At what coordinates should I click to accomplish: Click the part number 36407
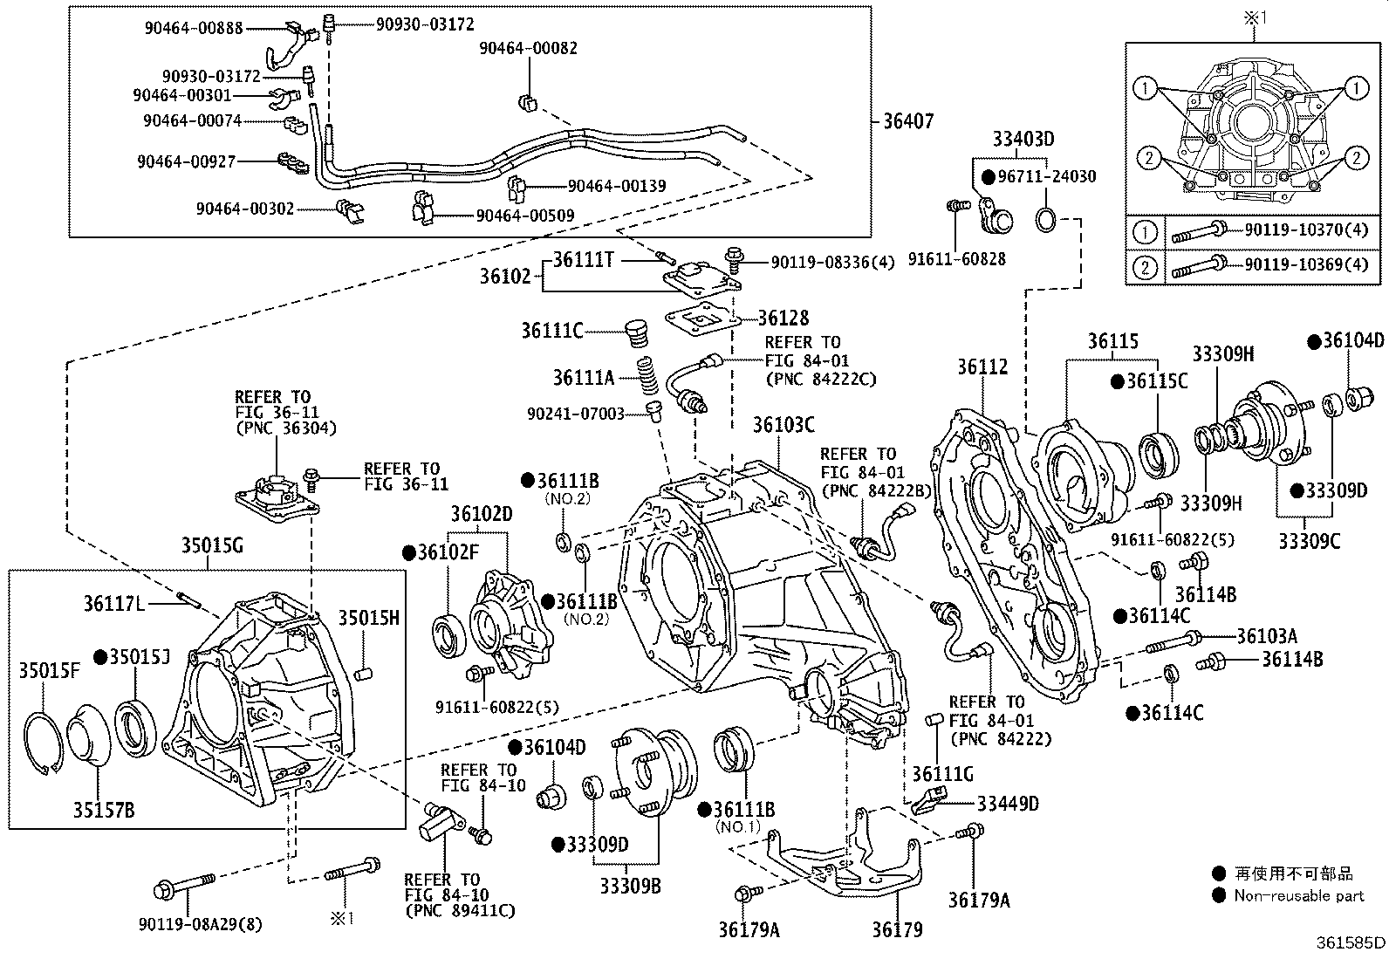pos(908,121)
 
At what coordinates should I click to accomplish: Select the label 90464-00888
pos(194,28)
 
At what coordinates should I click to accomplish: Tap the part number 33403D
pos(1023,139)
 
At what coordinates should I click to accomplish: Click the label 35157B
pos(104,810)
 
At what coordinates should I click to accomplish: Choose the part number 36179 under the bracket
pos(897,930)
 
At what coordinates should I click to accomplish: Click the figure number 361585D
pos(1351,943)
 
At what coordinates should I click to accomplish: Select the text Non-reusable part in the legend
pos(1299,895)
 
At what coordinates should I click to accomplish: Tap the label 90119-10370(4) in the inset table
pos(1306,230)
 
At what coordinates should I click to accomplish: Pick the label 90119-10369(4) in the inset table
pos(1306,265)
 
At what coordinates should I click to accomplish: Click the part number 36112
pos(982,367)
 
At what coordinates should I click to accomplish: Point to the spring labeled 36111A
pos(647,375)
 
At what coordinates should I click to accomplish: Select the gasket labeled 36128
pos(702,319)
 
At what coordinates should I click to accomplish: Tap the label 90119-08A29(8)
pos(201,925)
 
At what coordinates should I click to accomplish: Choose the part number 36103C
pos(783,425)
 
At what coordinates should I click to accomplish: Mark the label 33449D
pos(1008,804)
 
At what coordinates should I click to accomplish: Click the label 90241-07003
pos(576,414)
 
